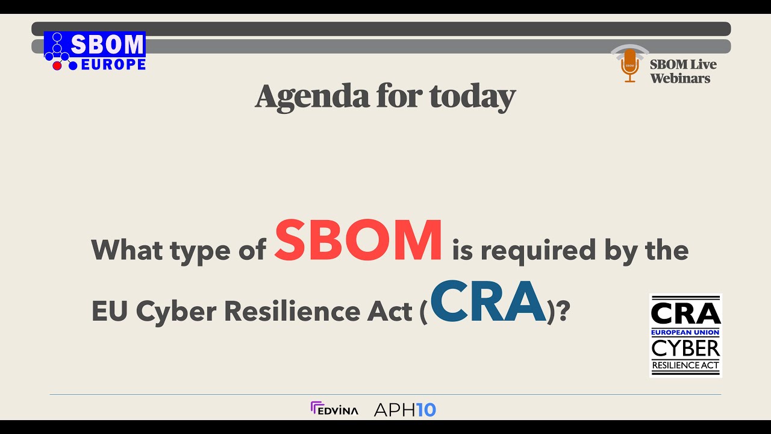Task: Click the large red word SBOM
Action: coord(358,242)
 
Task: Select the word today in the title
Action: coord(472,96)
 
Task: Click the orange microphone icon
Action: coord(629,65)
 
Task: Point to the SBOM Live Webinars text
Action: coord(683,71)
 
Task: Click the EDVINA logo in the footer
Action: coord(334,409)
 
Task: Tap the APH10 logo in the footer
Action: coord(405,410)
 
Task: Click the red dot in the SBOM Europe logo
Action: coord(57,65)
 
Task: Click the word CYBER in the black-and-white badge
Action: coord(685,348)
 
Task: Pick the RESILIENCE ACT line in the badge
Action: coord(685,365)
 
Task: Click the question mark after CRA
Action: coord(563,311)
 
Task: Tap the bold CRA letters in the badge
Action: coord(685,313)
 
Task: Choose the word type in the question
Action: coord(198,251)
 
